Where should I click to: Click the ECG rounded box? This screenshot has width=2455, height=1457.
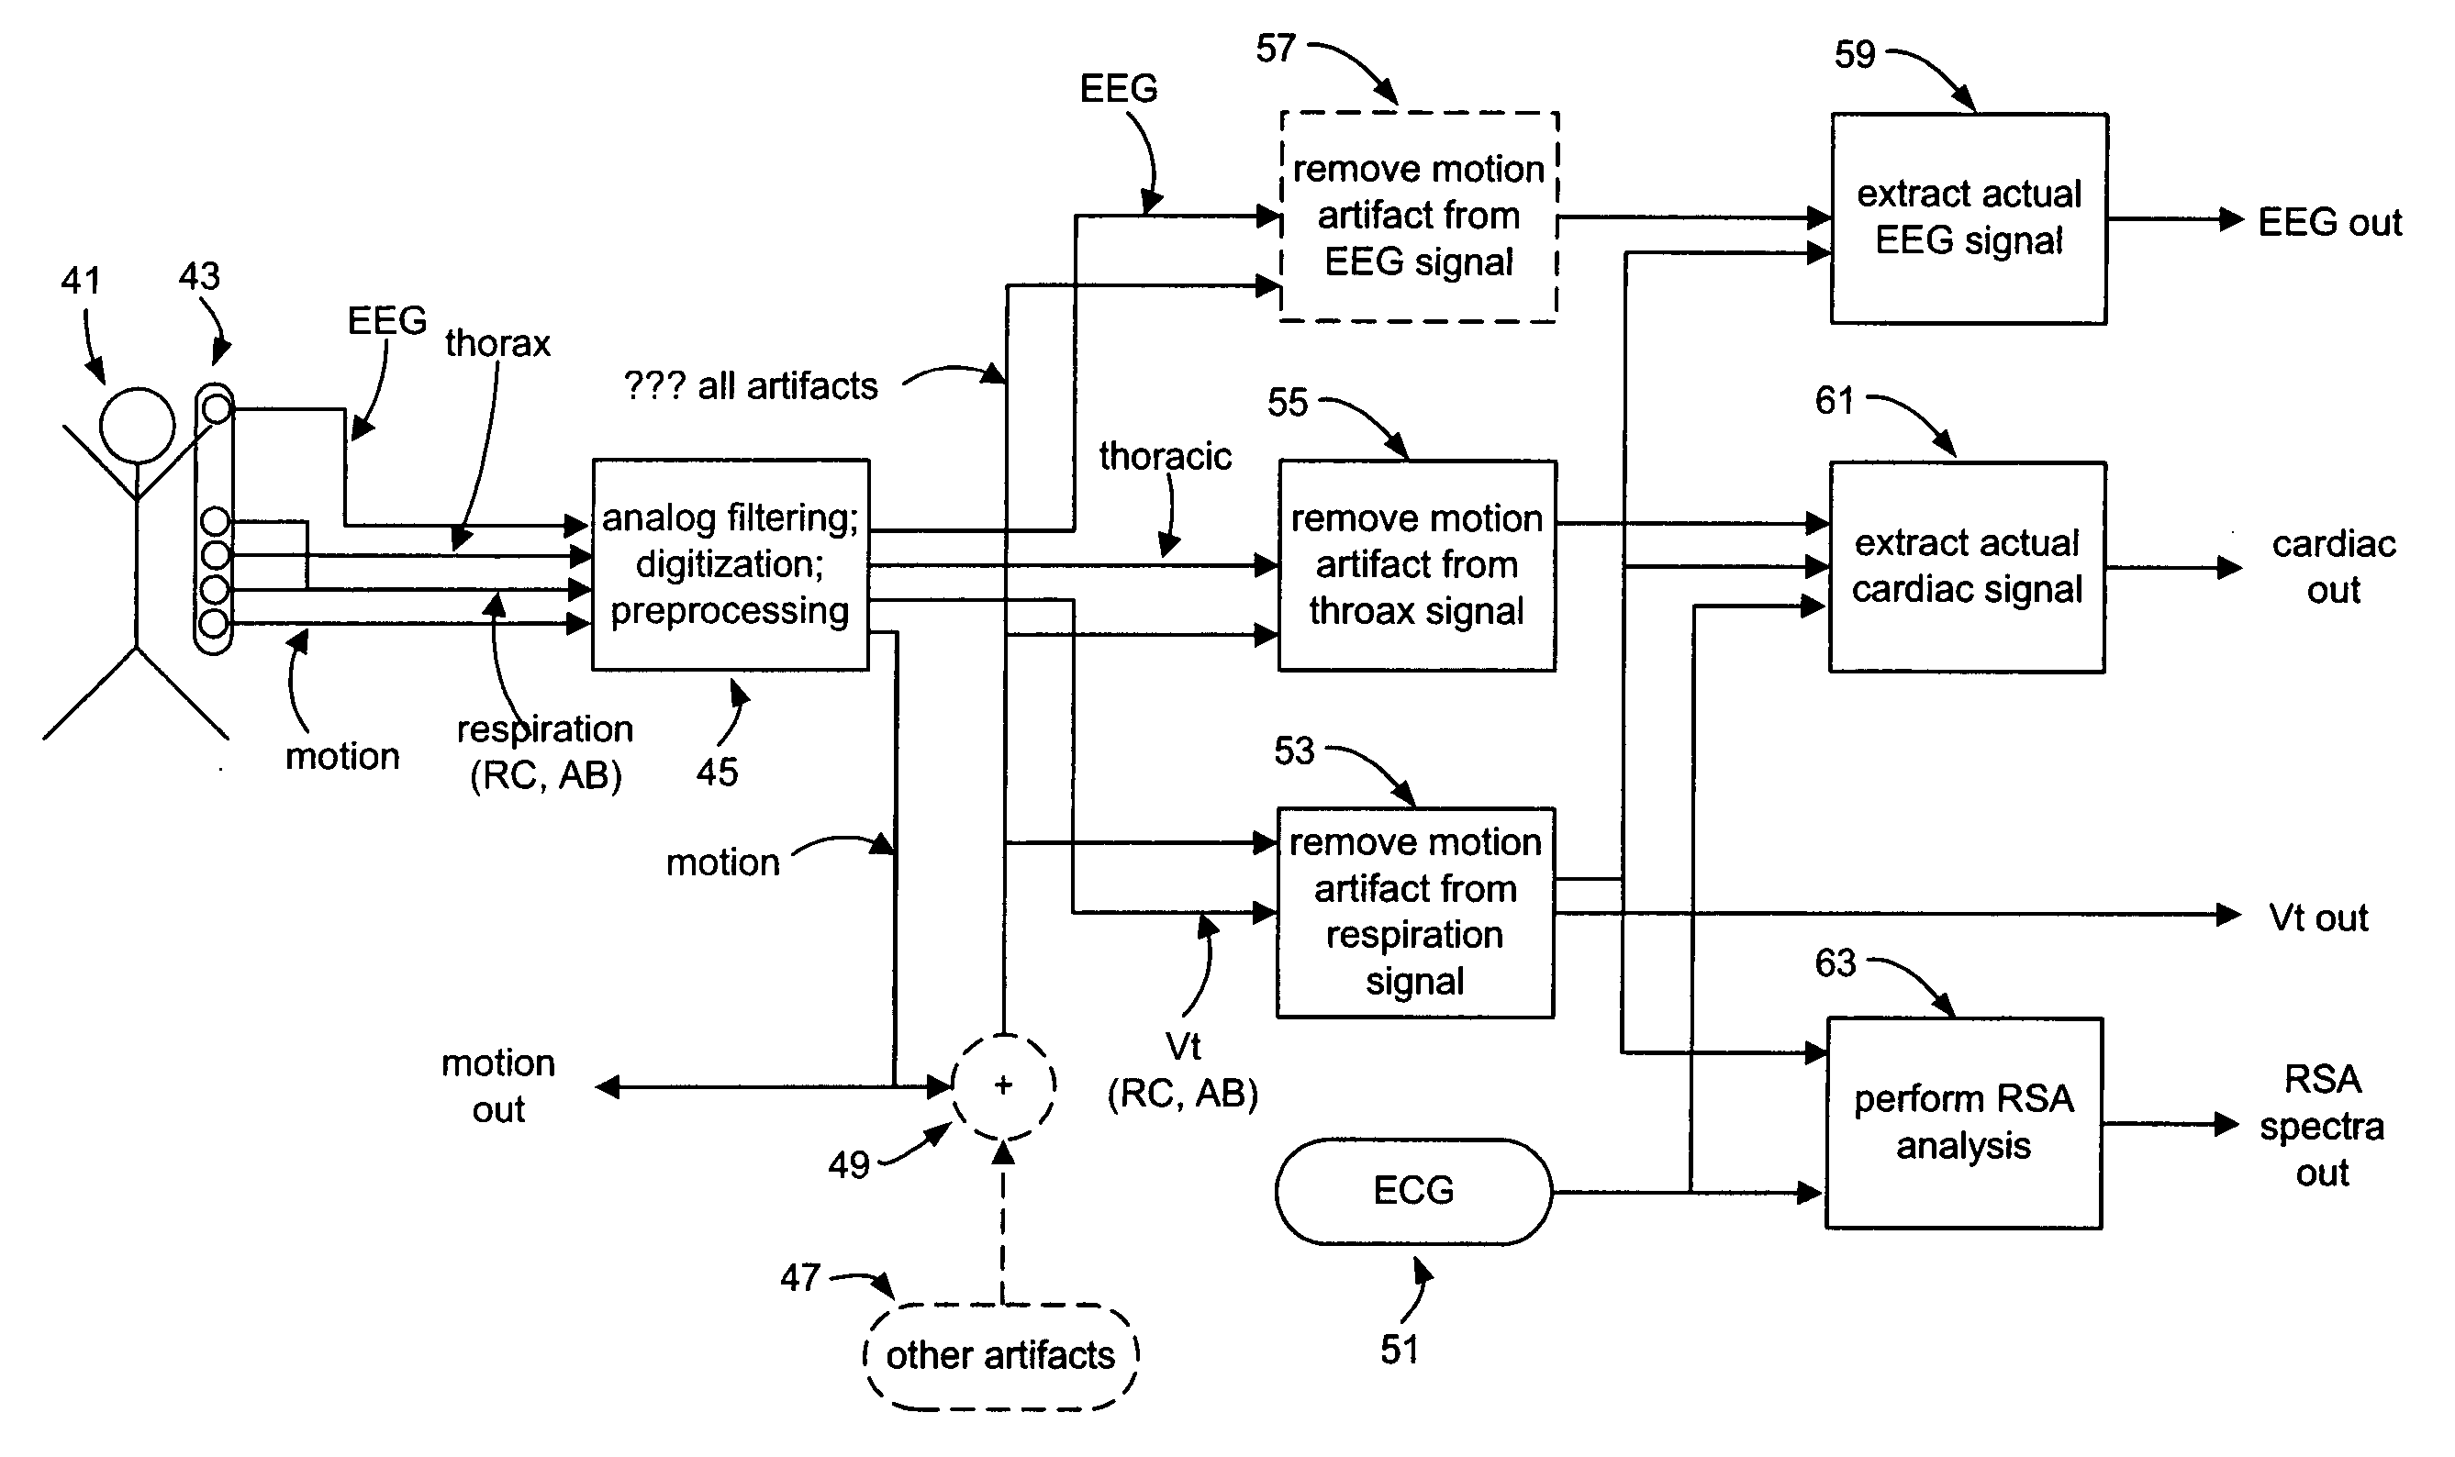(1413, 1191)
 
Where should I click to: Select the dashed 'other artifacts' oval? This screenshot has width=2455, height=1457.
(1000, 1356)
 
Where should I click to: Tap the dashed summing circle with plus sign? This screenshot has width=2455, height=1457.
(1002, 1086)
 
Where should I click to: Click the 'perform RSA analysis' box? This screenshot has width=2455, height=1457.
(1964, 1123)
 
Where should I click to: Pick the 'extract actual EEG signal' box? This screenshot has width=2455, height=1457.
(1969, 218)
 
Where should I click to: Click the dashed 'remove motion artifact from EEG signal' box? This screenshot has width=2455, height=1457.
(1419, 216)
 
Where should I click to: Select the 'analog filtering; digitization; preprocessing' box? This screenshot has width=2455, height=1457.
(731, 564)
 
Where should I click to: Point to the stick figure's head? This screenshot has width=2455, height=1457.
(138, 425)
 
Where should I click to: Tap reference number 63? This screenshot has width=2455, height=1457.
(1835, 963)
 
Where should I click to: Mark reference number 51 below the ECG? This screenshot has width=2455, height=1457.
(1400, 1350)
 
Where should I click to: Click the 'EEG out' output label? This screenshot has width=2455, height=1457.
(2329, 223)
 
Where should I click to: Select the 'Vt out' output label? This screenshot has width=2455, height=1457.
(2317, 918)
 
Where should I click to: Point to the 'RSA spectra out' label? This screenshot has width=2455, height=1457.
(2321, 1125)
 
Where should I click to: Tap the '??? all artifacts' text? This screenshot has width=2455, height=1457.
(750, 386)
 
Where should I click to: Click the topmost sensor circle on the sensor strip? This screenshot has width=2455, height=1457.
(216, 407)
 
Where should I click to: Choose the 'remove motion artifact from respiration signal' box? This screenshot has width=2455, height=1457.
(1415, 912)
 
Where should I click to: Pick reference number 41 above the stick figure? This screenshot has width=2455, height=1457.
(81, 282)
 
